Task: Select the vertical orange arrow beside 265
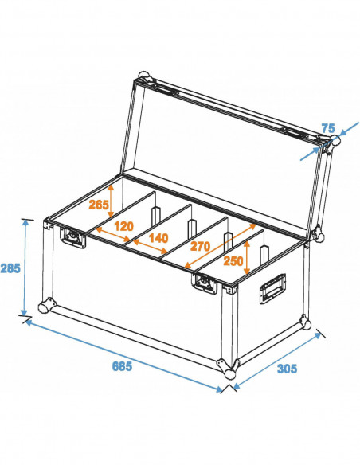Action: (112, 198)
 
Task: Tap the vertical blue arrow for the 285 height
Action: (27, 267)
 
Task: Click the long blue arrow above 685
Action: (123, 354)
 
